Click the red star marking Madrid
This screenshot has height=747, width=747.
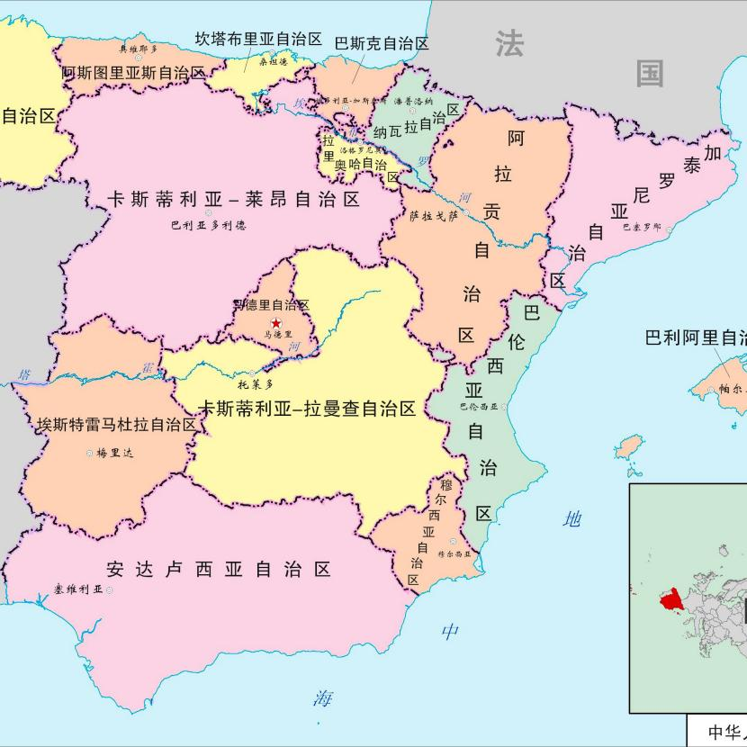pos(275,323)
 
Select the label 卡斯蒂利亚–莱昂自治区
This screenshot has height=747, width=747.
pos(234,199)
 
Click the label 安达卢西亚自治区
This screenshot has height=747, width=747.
pos(219,569)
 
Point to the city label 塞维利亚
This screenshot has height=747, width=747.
pos(77,589)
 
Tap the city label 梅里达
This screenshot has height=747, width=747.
pos(114,453)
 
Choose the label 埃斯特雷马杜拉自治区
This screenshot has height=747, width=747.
pos(117,424)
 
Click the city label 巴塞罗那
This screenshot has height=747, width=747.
pos(641,228)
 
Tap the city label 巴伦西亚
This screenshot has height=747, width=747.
pos(478,407)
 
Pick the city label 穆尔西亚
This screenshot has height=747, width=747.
pos(454,553)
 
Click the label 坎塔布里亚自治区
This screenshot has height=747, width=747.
pos(259,39)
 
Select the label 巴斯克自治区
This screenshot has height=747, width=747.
pos(381,43)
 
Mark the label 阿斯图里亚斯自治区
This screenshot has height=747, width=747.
pos(133,73)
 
